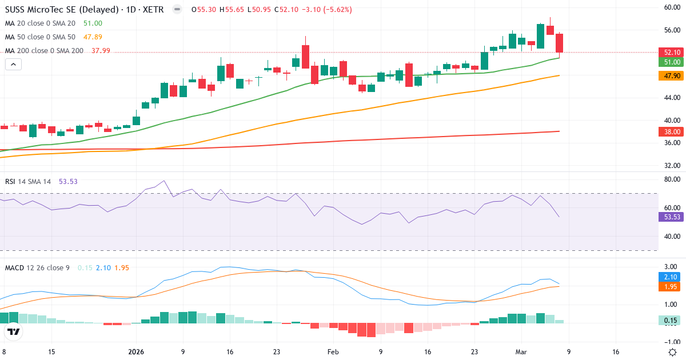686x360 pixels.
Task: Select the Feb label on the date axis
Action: click(333, 352)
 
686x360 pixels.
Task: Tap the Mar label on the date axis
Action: click(521, 352)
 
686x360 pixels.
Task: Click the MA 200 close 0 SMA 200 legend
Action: click(45, 50)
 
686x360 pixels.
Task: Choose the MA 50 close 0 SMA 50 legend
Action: click(40, 37)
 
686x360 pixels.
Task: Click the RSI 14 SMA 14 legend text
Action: click(28, 182)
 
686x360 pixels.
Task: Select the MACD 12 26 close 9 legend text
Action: click(38, 268)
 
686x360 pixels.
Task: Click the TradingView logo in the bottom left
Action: click(14, 331)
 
